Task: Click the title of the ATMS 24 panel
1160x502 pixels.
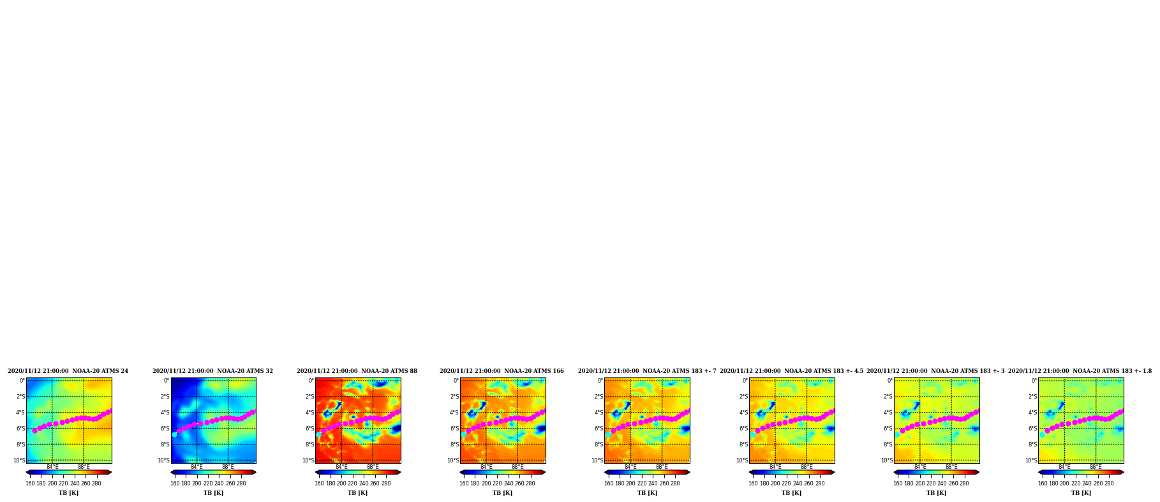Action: click(68, 371)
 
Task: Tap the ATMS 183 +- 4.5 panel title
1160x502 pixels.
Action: click(791, 371)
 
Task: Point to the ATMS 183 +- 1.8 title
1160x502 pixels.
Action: click(1080, 371)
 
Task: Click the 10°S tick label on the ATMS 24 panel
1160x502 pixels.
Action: click(19, 460)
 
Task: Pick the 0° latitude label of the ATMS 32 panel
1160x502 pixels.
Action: click(167, 381)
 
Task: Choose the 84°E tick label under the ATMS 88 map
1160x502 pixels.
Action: click(341, 467)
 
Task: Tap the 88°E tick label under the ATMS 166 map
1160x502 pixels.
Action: click(517, 467)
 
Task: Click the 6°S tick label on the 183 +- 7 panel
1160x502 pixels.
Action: click(599, 429)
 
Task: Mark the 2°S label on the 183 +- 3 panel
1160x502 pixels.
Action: click(888, 397)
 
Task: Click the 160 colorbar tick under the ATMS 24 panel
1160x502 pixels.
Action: click(30, 483)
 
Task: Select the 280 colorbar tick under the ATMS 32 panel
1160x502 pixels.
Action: click(241, 483)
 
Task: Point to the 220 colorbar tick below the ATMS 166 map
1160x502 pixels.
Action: click(497, 483)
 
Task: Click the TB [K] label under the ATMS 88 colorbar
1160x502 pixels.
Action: click(358, 493)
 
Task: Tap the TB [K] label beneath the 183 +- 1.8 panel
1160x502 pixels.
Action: click(1081, 493)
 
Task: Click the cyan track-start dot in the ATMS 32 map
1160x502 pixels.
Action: click(174, 434)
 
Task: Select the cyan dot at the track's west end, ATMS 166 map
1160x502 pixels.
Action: click(463, 434)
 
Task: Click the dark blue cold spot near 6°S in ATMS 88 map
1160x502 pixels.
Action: click(396, 429)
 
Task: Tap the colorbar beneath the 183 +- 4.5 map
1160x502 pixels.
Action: click(792, 473)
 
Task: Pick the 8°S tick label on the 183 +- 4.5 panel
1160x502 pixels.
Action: click(743, 445)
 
